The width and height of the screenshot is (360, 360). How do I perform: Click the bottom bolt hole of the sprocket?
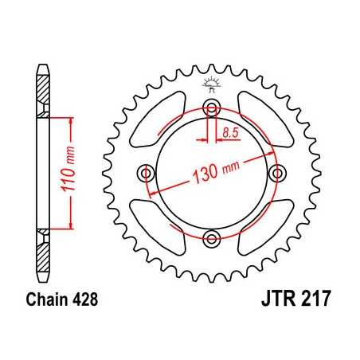[x=211, y=237]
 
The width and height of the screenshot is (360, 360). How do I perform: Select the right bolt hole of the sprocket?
[x=276, y=172]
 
